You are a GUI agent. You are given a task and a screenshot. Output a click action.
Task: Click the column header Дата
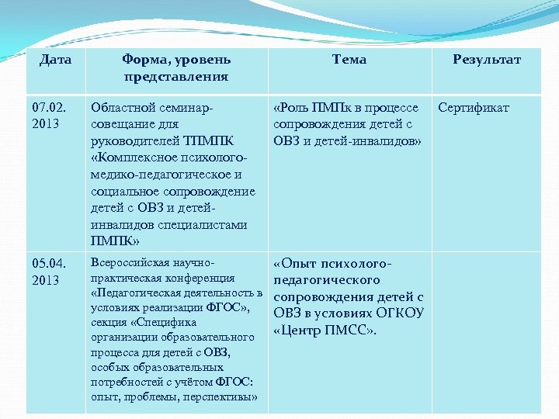(x=55, y=59)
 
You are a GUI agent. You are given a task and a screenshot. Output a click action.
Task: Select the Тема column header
(x=349, y=59)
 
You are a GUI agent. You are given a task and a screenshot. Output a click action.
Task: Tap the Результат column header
(x=487, y=59)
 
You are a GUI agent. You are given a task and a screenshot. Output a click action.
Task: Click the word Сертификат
(x=474, y=107)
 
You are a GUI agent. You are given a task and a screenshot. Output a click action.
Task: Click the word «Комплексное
(x=133, y=158)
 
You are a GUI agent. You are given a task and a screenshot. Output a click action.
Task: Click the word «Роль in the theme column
(x=293, y=107)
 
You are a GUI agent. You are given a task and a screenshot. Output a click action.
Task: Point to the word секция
(x=109, y=322)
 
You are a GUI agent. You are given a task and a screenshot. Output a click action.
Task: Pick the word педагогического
(x=326, y=280)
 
